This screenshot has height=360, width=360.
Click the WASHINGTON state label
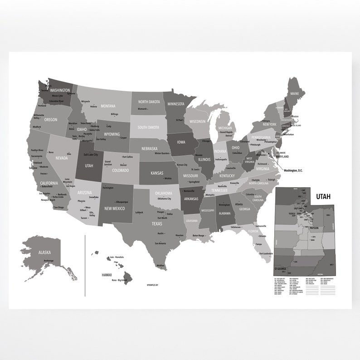click(x=60, y=90)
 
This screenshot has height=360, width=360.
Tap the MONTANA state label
click(x=108, y=106)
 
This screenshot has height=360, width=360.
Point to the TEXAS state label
click(x=157, y=224)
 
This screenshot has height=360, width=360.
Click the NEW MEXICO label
click(x=115, y=209)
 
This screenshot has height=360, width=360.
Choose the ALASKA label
click(x=44, y=252)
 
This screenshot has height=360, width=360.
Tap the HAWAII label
click(x=107, y=275)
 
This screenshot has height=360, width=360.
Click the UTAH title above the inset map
click(x=323, y=196)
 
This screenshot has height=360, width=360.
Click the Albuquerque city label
click(x=122, y=202)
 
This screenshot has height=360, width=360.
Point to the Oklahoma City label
click(x=164, y=199)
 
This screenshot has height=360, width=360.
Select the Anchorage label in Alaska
click(x=49, y=260)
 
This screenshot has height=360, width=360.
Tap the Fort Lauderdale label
click(x=266, y=253)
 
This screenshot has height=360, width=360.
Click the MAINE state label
click(x=295, y=94)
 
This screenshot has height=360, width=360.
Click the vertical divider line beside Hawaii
click(x=85, y=265)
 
